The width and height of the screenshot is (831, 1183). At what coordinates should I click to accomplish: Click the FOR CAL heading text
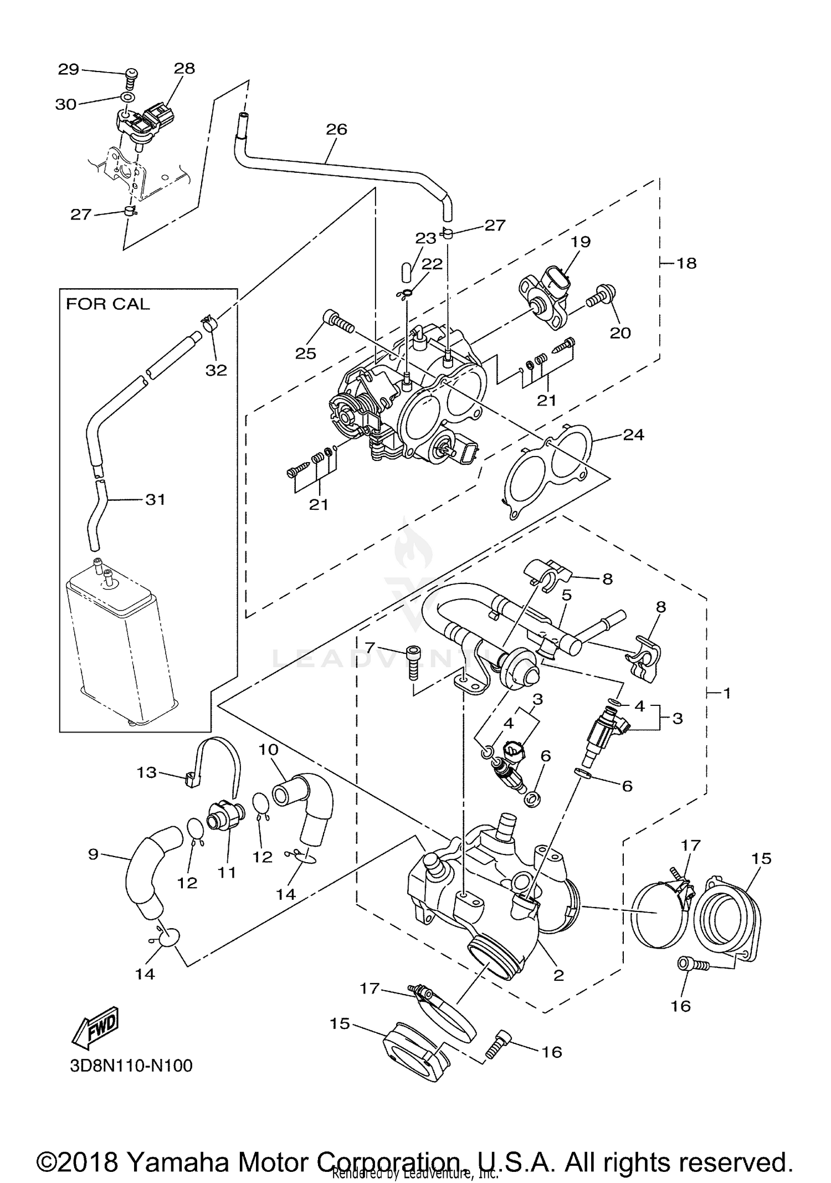(x=107, y=304)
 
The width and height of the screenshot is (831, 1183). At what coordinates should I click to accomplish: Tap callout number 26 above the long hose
(x=336, y=129)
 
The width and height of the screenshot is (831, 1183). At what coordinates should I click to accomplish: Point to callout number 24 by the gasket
(x=633, y=435)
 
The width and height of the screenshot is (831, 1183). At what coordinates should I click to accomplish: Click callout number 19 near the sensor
(x=581, y=242)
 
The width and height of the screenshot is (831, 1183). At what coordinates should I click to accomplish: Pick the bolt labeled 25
(x=337, y=321)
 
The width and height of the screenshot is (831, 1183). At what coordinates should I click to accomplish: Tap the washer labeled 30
(x=127, y=98)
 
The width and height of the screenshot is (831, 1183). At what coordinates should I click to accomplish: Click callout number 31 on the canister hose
(x=155, y=499)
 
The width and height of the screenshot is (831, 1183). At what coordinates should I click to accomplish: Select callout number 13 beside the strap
(x=147, y=772)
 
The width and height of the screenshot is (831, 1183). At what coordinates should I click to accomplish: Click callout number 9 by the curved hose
(x=93, y=854)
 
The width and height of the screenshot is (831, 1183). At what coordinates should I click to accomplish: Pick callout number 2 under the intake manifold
(x=558, y=975)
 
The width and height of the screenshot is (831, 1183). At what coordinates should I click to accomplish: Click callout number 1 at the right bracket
(x=727, y=693)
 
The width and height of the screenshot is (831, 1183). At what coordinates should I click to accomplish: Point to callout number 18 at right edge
(x=686, y=263)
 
